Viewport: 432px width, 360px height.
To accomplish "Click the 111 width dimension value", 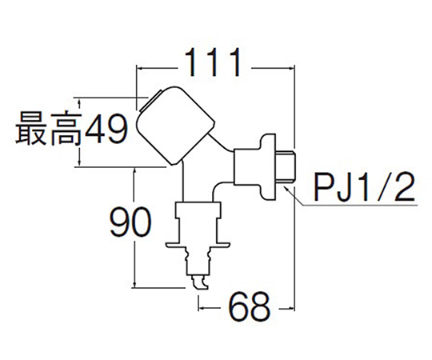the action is (213, 63).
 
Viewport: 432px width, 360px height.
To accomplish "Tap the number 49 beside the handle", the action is (106, 129).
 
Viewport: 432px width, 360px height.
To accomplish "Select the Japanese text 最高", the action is (49, 128).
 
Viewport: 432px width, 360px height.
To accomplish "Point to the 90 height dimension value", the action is (130, 222).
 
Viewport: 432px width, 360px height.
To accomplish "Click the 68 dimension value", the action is (250, 307).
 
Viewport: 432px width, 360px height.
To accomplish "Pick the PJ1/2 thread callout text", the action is (364, 187).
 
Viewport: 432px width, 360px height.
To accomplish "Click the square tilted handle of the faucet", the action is (176, 126).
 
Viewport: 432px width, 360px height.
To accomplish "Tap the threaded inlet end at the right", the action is (286, 166).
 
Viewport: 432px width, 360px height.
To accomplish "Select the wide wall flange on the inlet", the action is (268, 166).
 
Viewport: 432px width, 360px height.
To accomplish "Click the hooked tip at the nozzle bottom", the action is (201, 282).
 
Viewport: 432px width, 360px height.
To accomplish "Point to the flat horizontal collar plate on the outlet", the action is (198, 245).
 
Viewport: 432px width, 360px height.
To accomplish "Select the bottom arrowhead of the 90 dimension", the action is (134, 284).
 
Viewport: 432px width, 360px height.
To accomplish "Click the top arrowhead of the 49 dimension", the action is (79, 102).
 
